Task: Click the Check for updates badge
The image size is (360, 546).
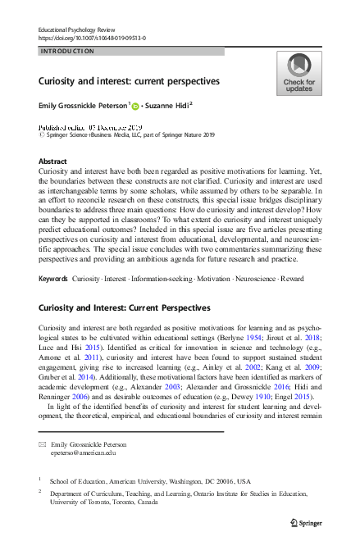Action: click(298, 73)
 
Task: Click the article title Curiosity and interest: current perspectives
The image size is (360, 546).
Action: click(129, 82)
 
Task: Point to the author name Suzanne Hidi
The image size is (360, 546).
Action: click(172, 106)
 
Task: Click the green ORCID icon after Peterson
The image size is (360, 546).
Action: click(135, 106)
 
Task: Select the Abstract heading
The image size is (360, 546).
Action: click(53, 162)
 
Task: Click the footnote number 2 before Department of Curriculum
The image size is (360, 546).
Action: click(40, 492)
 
